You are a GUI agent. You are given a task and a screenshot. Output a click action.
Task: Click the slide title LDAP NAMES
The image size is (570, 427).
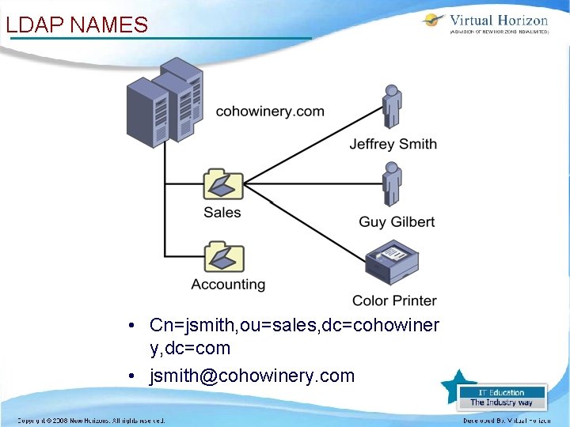(77, 25)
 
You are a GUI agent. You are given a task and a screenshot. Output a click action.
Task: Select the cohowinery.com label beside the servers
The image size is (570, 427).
(270, 111)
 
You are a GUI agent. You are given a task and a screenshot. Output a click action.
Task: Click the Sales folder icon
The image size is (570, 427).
(222, 184)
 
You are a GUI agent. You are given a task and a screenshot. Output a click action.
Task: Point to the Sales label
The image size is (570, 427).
(222, 212)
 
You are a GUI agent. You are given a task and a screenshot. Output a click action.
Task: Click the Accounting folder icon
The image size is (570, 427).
(222, 257)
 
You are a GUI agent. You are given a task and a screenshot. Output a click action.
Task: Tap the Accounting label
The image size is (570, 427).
(228, 284)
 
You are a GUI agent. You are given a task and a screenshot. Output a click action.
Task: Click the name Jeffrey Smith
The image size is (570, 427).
(393, 144)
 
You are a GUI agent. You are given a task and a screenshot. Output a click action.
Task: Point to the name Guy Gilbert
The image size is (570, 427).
(397, 222)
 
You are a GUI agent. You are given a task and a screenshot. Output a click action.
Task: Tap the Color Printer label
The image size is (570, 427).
(394, 300)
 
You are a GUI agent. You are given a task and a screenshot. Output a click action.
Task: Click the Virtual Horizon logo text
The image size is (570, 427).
(498, 21)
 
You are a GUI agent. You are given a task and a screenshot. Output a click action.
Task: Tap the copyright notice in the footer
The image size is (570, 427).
(92, 421)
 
